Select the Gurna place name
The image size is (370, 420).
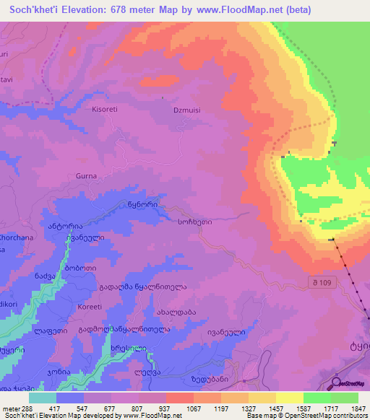[85, 175]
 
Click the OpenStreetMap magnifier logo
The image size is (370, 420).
[337, 382]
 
